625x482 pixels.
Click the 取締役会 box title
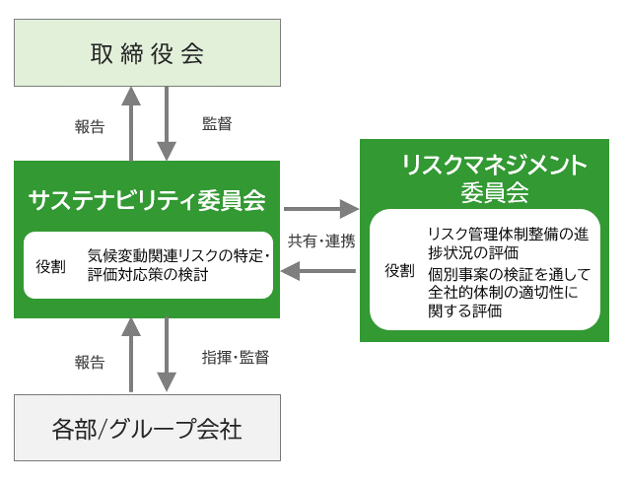coord(147,54)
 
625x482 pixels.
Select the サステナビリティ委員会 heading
coord(147,200)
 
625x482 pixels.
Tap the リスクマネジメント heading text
coord(494,166)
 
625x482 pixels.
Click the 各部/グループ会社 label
coord(147,430)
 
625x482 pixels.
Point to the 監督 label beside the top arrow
coord(217,123)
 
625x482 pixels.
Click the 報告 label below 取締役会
coord(90,127)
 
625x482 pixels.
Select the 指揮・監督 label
coord(236,357)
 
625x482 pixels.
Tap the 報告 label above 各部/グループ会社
coord(90,362)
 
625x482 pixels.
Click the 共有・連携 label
coord(321,241)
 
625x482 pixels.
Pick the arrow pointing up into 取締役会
coord(131,124)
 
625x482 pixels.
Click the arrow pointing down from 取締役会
coord(167,123)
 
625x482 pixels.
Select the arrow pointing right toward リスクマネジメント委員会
coord(321,209)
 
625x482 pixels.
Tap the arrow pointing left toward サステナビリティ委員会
coord(318,271)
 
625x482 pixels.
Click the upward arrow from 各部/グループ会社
coord(131,355)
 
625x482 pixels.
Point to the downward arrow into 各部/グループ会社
coord(167,355)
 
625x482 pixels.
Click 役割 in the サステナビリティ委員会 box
coord(50,266)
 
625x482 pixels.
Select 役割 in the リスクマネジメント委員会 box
coord(399,271)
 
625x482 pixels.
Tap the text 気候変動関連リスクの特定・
coord(178,256)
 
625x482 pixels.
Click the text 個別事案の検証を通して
coord(509,274)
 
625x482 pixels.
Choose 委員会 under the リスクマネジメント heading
coord(495,193)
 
